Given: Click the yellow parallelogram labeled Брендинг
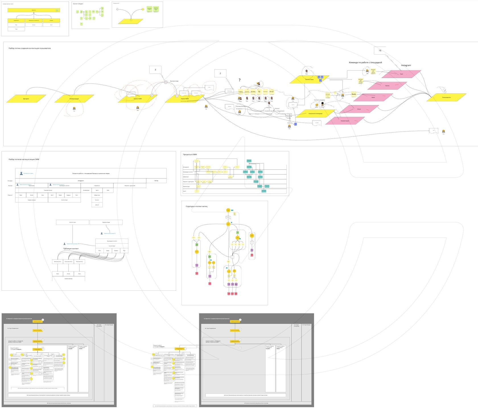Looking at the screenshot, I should point(26,99).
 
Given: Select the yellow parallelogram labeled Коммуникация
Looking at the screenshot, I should point(74,99).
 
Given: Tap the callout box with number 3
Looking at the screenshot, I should point(155,70).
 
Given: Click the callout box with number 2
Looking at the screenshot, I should point(220,73).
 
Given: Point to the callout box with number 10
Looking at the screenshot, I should point(380,50).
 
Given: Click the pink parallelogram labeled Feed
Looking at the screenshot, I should point(401,74).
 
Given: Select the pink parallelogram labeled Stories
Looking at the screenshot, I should point(387,86).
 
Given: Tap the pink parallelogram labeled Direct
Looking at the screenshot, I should point(359,109).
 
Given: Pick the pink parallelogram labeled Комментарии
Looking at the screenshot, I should point(345,121).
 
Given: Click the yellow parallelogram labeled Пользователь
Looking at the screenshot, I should point(446,97).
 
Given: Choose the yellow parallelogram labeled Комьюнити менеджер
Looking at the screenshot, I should point(316,114).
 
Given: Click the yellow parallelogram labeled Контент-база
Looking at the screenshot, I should point(309,79).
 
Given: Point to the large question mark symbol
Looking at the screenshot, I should point(240,80).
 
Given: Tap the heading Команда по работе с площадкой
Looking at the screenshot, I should point(365,62).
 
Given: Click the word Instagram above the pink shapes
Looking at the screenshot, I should point(406,65).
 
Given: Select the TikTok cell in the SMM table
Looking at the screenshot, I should point(156,181).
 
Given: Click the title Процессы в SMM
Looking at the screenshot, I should point(190,155).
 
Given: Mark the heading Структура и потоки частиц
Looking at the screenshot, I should point(197,206).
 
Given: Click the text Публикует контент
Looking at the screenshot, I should point(71,249).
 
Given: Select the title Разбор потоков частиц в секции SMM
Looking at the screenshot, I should point(24,159).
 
